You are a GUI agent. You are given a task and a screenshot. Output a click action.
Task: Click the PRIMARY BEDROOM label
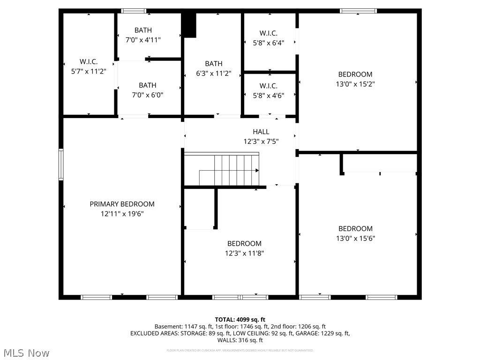tap(122, 204)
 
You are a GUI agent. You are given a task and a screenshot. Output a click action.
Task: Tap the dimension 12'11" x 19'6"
tap(122, 214)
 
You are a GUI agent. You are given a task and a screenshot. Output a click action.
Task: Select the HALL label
tap(261, 132)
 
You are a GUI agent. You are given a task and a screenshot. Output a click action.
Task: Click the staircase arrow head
tap(257, 171)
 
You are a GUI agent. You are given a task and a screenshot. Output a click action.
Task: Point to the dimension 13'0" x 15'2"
tap(355, 84)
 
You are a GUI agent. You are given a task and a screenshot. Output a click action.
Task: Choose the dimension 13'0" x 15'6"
tap(355, 238)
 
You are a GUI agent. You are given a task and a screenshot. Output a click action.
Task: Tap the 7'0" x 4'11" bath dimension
tap(143, 40)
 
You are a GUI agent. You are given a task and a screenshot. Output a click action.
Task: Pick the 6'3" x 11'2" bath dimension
tap(213, 73)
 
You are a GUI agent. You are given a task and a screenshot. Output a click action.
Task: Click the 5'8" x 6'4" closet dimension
tap(268, 42)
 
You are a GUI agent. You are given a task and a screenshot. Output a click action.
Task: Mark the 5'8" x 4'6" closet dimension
tap(268, 95)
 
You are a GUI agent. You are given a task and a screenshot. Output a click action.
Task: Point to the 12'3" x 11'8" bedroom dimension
tap(244, 253)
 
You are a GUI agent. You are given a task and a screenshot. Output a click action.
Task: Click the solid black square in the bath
tap(189, 25)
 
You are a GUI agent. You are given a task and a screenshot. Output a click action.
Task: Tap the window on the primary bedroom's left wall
tap(61, 165)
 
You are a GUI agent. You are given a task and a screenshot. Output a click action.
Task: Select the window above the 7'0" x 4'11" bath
tap(134, 11)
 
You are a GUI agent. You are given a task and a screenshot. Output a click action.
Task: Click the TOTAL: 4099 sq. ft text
tap(240, 319)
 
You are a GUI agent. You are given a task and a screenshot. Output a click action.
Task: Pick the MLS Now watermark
tap(26, 352)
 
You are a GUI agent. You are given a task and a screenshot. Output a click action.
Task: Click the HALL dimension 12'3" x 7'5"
tap(261, 141)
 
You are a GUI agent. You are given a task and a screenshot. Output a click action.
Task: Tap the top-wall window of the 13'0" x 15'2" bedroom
tap(358, 11)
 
